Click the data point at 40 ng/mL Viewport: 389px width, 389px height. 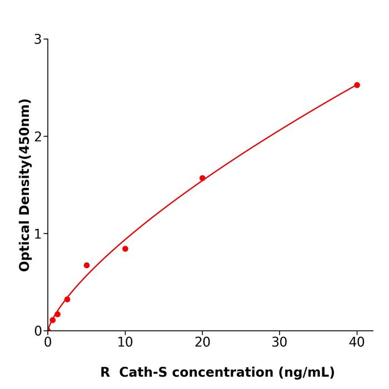[x=357, y=85]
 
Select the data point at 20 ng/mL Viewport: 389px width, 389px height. [x=202, y=178]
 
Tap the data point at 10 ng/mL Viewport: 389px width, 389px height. [x=125, y=249]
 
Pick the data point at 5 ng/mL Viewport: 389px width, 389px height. [x=87, y=265]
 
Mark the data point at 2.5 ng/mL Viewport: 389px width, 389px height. [x=67, y=299]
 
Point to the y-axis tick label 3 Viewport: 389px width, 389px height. [x=38, y=39]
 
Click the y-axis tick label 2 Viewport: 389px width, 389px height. [x=38, y=137]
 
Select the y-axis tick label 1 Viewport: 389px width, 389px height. [x=38, y=234]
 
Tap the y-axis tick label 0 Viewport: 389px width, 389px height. [x=38, y=331]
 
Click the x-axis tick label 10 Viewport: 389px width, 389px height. [x=125, y=342]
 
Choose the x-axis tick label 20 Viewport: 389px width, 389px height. [x=202, y=342]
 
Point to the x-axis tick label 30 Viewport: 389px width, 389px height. [x=280, y=342]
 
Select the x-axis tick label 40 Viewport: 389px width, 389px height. [x=357, y=342]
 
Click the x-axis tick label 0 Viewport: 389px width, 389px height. [x=48, y=342]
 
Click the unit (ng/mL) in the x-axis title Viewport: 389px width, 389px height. [x=306, y=372]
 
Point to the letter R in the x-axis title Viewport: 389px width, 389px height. [x=105, y=372]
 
